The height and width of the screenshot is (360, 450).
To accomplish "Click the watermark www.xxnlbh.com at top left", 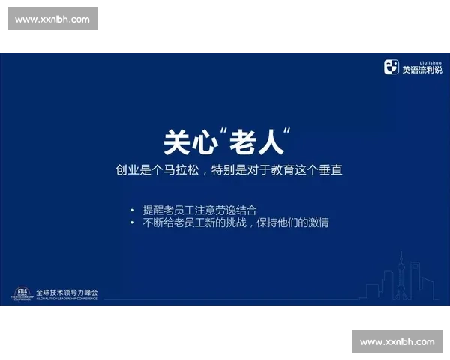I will pos(52,19).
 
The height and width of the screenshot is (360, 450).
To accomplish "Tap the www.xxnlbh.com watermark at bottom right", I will pos(397,342).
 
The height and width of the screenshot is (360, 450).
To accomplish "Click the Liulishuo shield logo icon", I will pos(391,67).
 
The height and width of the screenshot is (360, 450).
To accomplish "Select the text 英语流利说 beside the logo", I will pos(421,70).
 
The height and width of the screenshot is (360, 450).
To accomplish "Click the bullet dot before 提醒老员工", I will pos(132,211).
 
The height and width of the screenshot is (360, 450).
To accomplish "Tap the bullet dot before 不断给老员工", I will pos(132,223).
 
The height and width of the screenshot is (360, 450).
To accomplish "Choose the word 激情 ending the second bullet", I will pos(318,223).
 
